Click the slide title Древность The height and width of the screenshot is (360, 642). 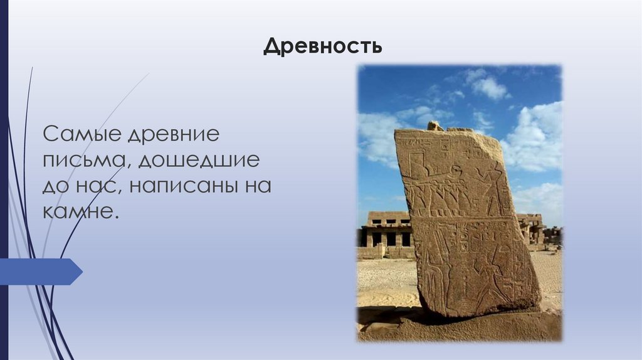click(x=322, y=46)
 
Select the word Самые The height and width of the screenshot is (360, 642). click(x=81, y=134)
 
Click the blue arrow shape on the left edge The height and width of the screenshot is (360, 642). click(x=41, y=271)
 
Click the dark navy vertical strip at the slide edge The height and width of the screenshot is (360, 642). click(x=4, y=180)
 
